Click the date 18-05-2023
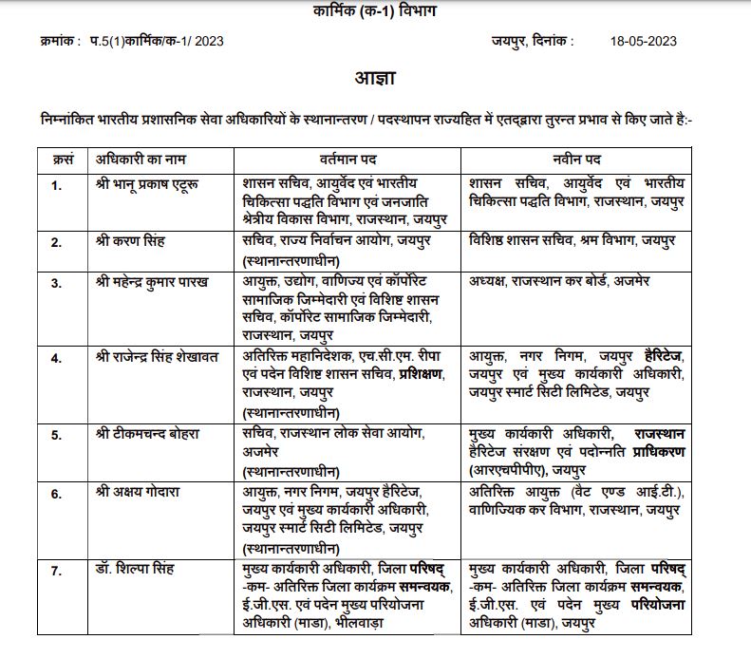coord(645,41)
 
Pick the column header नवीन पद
coord(577,158)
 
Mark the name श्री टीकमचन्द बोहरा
coord(148,433)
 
